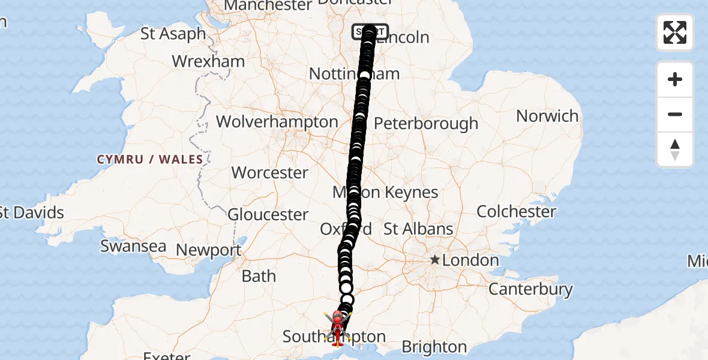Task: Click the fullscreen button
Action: pos(675,32)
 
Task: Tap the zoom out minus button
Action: pos(675,114)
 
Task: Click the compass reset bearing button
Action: pos(675,149)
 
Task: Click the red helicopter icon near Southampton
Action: pos(338,328)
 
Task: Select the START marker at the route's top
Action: pos(370,31)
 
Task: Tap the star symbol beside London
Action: pos(434,260)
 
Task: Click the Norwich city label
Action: pos(547,116)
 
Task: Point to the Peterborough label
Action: pos(426,124)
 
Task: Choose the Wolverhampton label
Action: pos(277,122)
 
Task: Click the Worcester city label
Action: pos(270,172)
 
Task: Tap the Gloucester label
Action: pos(268,214)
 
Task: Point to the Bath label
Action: pos(259,276)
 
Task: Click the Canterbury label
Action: pos(530,289)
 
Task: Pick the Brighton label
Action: pos(434,347)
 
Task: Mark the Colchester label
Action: pos(517,211)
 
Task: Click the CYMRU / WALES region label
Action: pos(150,160)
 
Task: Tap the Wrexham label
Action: pos(208,61)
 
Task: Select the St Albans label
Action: pos(418,229)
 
